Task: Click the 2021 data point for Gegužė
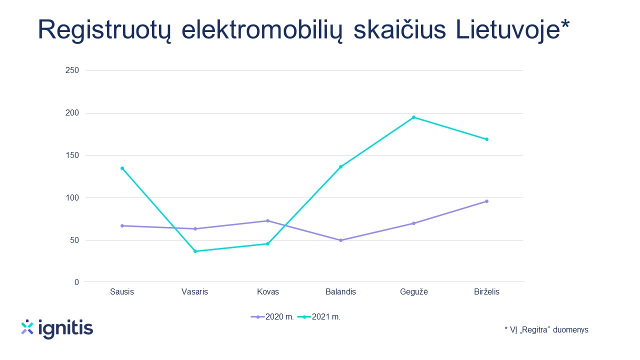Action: point(413,117)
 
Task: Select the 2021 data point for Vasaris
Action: point(195,251)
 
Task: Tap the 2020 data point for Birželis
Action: point(487,201)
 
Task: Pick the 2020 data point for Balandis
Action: point(340,240)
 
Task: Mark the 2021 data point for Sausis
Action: point(122,168)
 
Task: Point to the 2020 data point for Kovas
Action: point(267,221)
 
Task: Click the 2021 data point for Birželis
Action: point(487,139)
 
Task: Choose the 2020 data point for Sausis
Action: point(122,225)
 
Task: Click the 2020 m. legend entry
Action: point(272,317)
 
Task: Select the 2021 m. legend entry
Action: point(319,317)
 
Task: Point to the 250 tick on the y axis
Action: point(72,70)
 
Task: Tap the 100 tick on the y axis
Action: point(72,197)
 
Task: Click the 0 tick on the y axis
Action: point(76,282)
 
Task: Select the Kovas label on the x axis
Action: point(267,291)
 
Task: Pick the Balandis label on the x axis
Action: point(340,291)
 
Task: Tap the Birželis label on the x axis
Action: point(486,291)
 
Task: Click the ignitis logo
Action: point(57,328)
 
